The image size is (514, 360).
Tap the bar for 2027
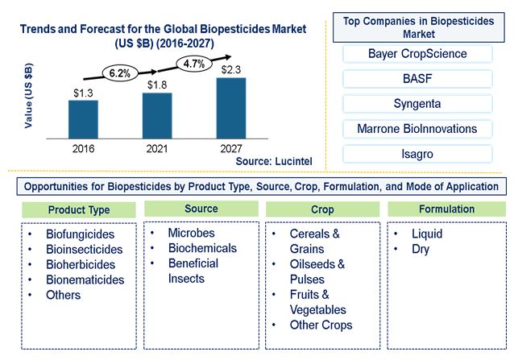pyautogui.click(x=231, y=107)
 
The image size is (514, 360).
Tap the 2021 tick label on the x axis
pyautogui.click(x=157, y=148)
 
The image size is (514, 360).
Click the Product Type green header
pyautogui.click(x=78, y=210)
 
